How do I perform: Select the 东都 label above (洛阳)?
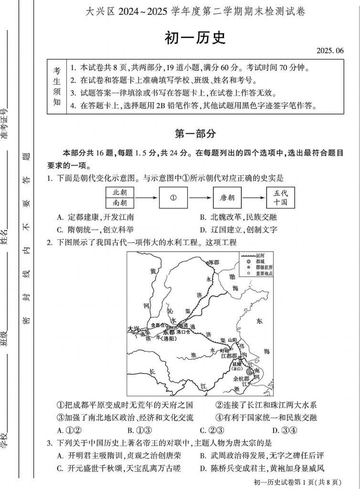tap(168, 332)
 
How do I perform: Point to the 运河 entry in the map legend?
tap(260, 255)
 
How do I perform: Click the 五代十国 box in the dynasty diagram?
tap(281, 198)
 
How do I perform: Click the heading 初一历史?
tap(195, 38)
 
